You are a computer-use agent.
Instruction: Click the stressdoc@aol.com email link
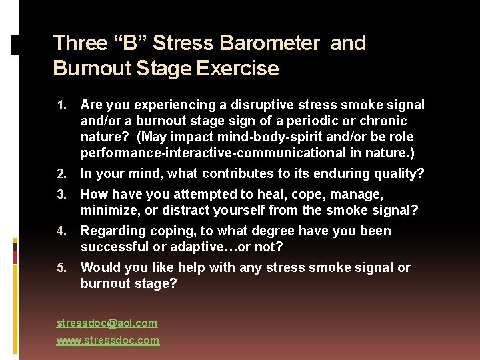[107, 323]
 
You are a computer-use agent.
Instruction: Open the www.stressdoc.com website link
[108, 341]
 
